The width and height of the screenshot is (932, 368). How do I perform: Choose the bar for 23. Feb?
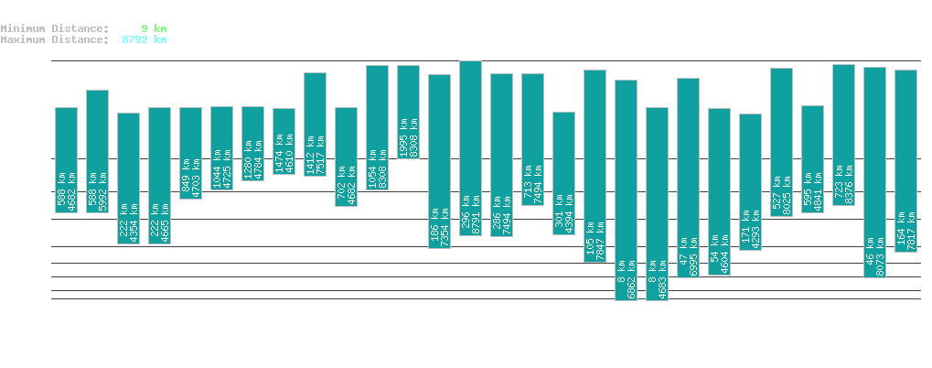[284, 141]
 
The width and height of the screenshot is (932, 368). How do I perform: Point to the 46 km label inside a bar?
[870, 257]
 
